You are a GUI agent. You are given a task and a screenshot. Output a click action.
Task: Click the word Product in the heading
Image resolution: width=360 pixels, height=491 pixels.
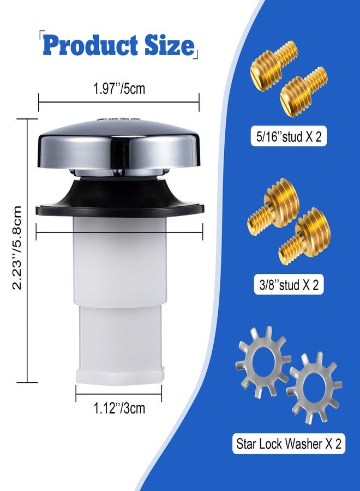[x=91, y=45]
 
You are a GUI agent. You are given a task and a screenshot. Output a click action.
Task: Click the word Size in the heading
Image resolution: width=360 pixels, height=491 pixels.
[x=169, y=45]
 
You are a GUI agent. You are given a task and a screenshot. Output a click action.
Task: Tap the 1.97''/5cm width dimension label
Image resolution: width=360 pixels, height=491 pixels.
[x=119, y=88]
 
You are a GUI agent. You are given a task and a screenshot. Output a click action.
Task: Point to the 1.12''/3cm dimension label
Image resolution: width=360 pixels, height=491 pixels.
[x=119, y=408]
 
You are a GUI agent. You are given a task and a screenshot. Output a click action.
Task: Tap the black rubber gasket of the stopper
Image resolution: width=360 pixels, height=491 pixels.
[x=119, y=197]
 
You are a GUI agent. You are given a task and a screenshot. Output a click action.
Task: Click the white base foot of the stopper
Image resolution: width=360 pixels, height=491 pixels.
[x=120, y=377]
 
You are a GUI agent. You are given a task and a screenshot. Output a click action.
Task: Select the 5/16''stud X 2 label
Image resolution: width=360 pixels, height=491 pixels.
[x=289, y=137]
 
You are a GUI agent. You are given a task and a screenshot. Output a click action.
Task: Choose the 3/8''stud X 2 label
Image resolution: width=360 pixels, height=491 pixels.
[x=289, y=285]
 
